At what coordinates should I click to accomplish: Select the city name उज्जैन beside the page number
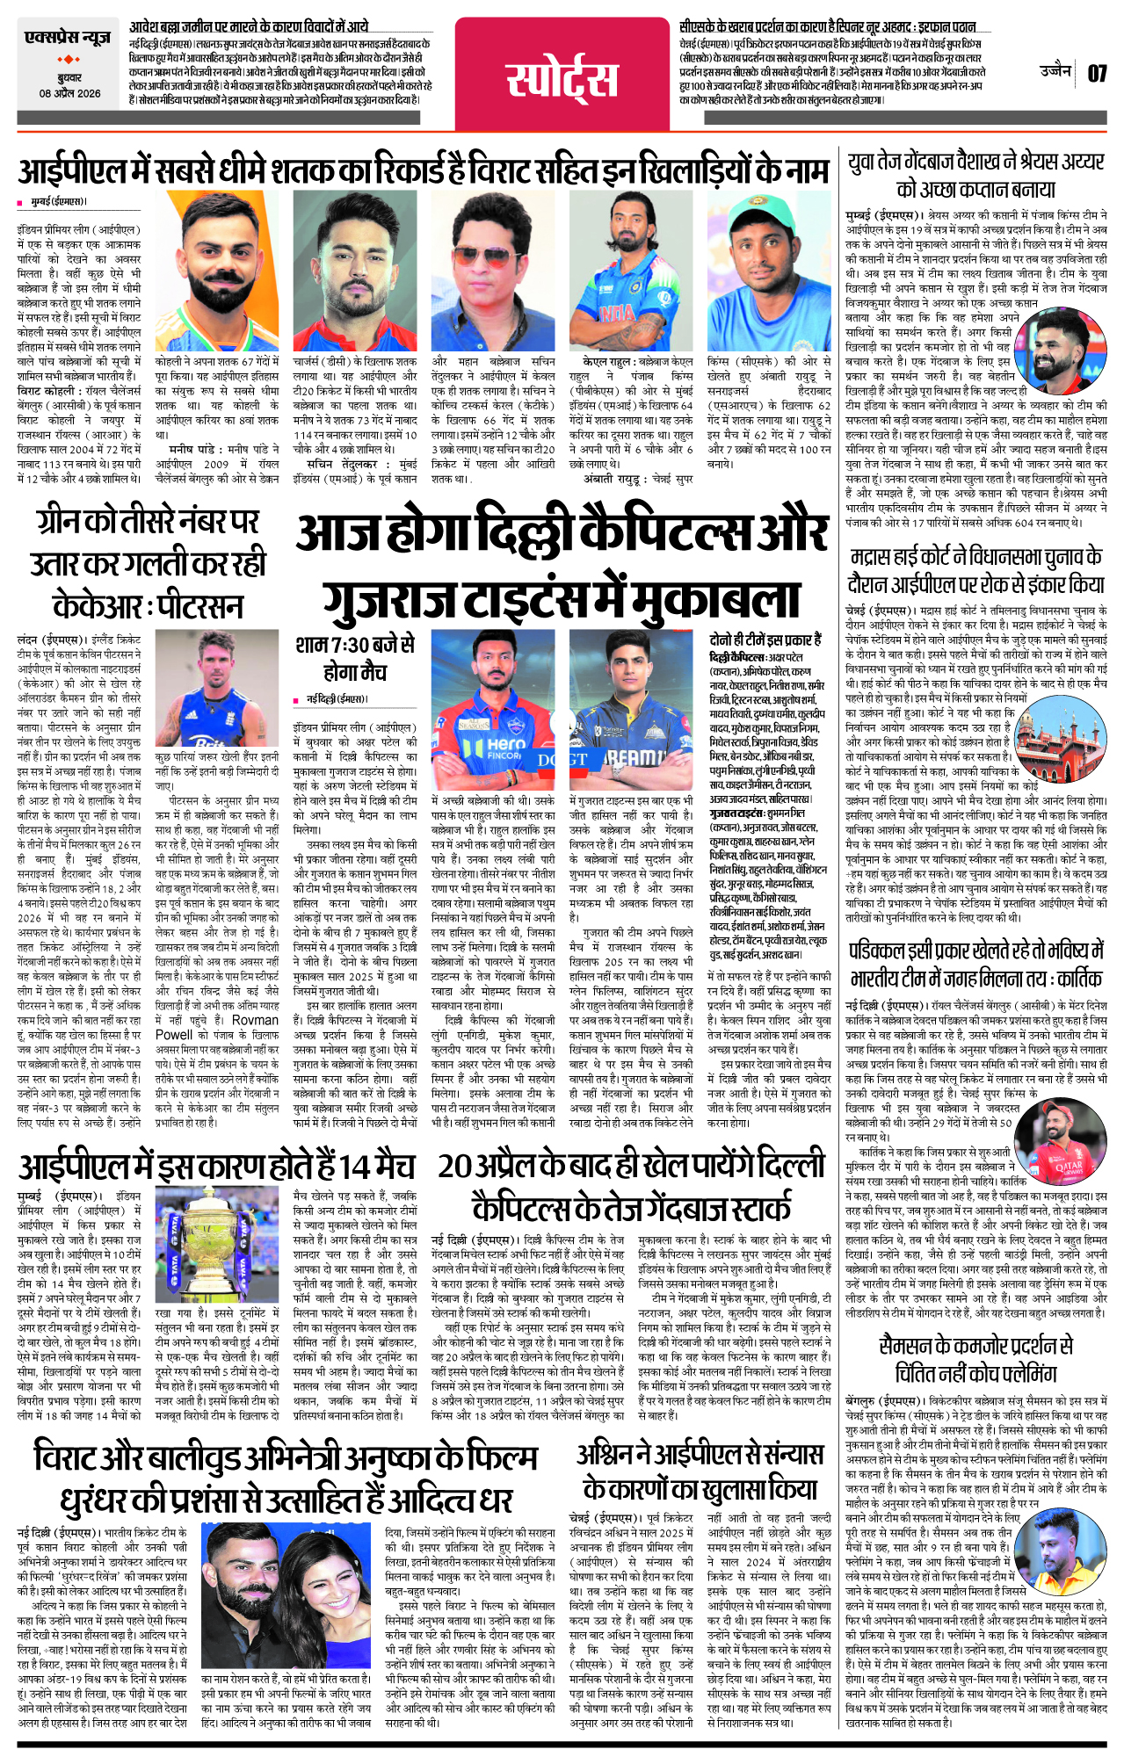click(1055, 71)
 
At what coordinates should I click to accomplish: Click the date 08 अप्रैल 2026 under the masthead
click(69, 94)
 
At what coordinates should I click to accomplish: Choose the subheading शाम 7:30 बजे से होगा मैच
click(355, 658)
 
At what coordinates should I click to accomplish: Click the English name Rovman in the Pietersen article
click(255, 1020)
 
